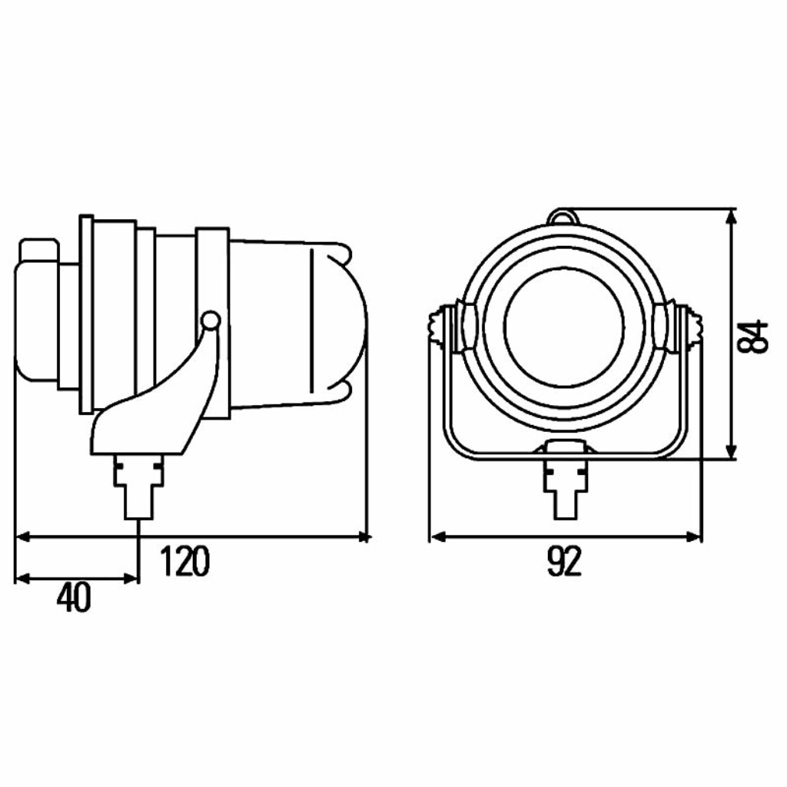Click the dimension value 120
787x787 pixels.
[184, 561]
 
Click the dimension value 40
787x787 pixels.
[74, 597]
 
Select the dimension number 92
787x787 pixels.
[564, 561]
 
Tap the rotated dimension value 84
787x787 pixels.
[753, 336]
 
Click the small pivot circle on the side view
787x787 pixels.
[211, 320]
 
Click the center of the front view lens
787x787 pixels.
[564, 326]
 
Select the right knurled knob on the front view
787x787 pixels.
[693, 327]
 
